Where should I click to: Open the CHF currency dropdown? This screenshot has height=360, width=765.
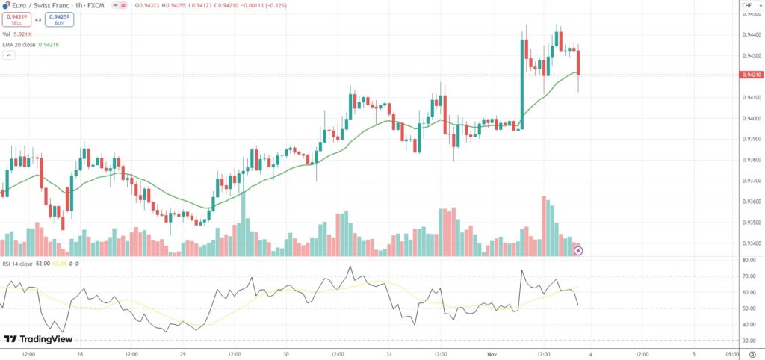(747, 7)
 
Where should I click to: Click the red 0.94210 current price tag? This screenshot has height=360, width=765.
(750, 75)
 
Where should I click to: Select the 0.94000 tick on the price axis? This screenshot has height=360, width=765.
(750, 118)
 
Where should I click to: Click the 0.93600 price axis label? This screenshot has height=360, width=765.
(750, 202)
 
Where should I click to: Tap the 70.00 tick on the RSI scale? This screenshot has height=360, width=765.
(749, 276)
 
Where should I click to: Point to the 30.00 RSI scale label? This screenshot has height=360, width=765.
(749, 341)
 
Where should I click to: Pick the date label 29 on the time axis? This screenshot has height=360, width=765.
(182, 353)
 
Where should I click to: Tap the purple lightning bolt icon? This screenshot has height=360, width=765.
(577, 250)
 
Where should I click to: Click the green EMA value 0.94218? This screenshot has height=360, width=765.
(48, 45)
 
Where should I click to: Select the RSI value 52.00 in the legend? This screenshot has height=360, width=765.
(42, 264)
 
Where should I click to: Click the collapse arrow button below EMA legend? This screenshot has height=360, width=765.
(8, 55)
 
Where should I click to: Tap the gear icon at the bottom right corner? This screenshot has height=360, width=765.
(752, 353)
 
